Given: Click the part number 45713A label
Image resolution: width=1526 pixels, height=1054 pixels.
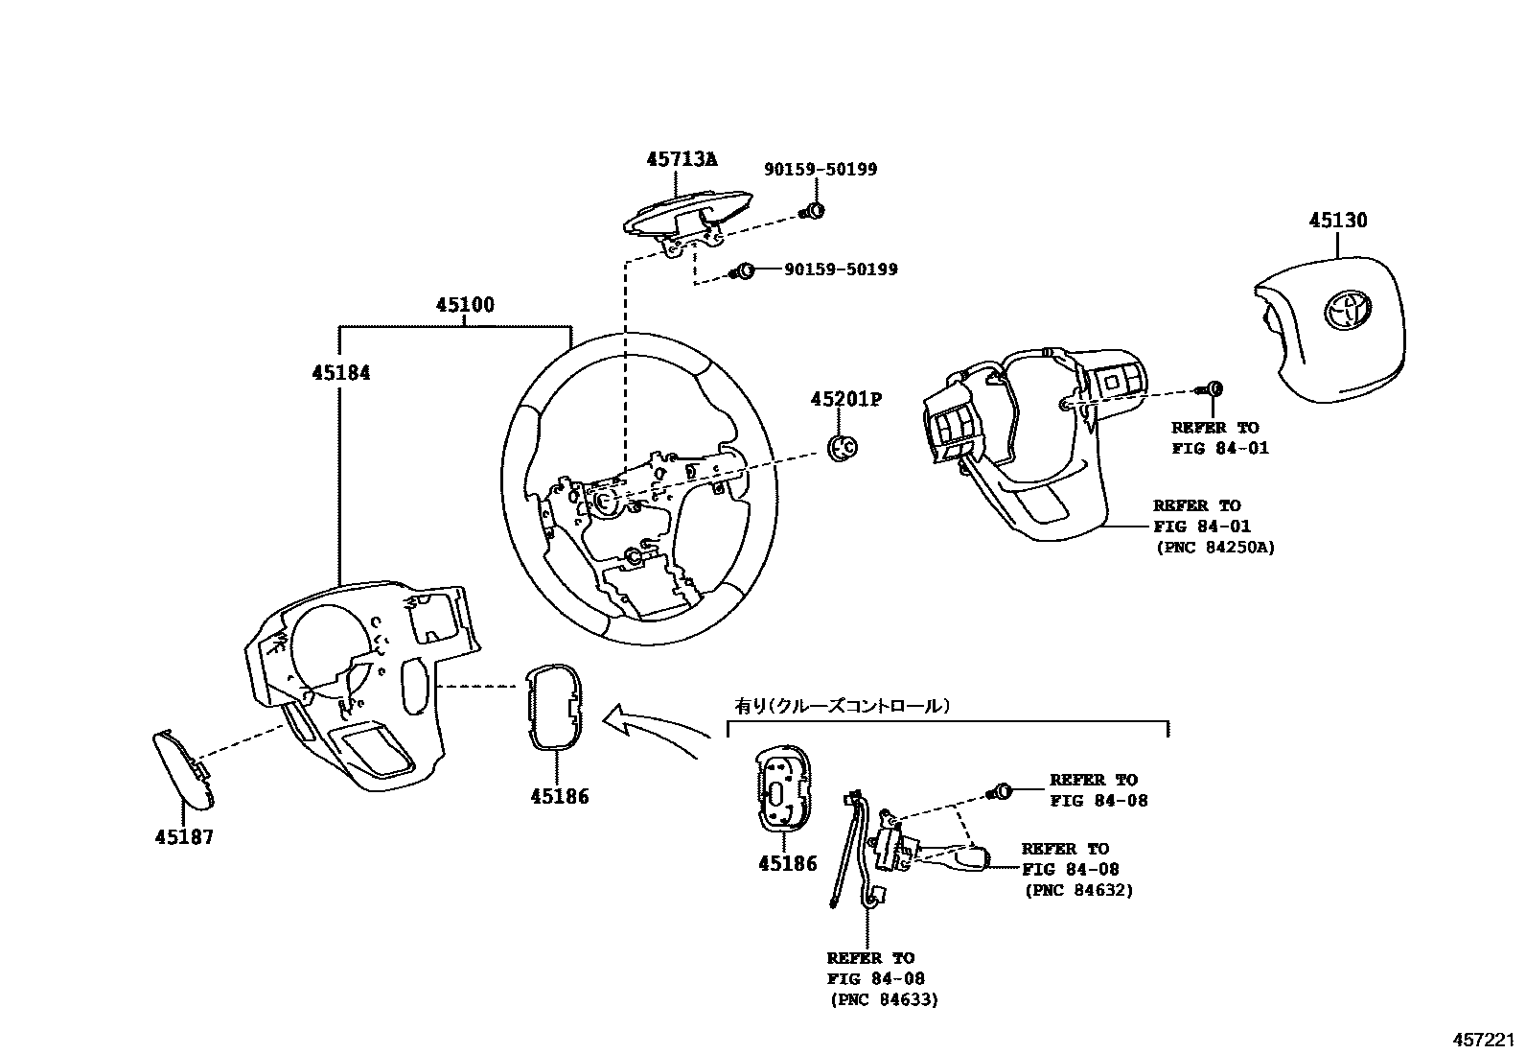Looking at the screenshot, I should (681, 159).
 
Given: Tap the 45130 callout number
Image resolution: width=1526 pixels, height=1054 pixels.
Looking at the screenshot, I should (1338, 221).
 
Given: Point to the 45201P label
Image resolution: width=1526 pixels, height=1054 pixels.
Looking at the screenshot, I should (844, 399).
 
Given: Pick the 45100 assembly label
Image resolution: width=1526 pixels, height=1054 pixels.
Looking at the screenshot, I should (465, 305).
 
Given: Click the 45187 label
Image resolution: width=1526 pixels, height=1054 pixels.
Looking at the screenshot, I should (184, 837).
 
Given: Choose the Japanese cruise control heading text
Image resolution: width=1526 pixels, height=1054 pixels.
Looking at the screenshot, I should (842, 705).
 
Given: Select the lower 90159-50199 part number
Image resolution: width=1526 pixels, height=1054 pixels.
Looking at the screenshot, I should (841, 269).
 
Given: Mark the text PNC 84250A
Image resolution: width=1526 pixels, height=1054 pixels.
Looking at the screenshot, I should (1214, 548).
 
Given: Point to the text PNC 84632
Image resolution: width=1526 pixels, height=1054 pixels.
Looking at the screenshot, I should (1078, 890).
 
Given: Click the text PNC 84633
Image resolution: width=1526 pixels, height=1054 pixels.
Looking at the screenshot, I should (884, 999).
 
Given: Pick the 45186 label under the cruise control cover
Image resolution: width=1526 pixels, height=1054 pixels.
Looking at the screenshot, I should (787, 863).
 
